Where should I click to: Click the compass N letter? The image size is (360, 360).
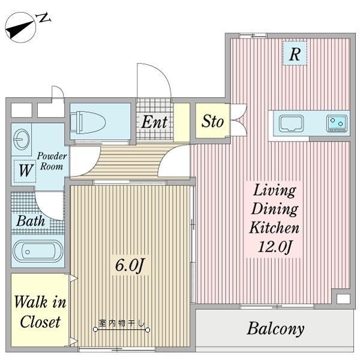[x=44, y=18]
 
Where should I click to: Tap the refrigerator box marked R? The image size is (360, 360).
[x=295, y=53]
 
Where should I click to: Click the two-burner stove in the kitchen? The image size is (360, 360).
[x=337, y=124]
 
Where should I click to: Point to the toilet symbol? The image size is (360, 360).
[x=88, y=122]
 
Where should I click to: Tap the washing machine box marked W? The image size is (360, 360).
[x=25, y=171]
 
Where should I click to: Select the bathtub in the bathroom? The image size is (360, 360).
[x=38, y=251]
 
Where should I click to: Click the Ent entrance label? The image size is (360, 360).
[x=154, y=122]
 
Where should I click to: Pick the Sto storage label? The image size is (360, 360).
[x=212, y=121]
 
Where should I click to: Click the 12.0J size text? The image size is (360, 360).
[x=275, y=247]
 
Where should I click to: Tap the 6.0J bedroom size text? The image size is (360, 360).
[x=129, y=265]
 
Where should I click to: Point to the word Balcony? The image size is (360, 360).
[x=275, y=329]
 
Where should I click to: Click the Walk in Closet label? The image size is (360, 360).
[x=40, y=311]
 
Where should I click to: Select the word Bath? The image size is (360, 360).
[x=31, y=221]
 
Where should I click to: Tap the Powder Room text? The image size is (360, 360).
[x=52, y=161]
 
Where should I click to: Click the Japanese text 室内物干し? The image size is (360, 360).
[x=122, y=323]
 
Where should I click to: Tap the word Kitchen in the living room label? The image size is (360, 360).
[x=274, y=227]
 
